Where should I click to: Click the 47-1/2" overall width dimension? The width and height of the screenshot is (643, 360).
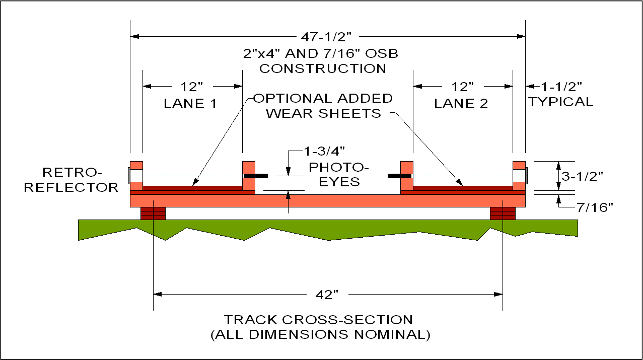(x=326, y=37)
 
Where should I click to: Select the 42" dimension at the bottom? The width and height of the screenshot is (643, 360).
(x=327, y=295)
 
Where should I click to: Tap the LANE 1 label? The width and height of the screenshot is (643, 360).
(x=190, y=103)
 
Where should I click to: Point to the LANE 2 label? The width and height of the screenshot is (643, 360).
(x=461, y=103)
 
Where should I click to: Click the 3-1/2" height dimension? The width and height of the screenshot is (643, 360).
(x=582, y=176)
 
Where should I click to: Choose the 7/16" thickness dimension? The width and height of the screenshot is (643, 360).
(x=595, y=207)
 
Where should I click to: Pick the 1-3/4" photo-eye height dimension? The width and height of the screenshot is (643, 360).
(x=324, y=151)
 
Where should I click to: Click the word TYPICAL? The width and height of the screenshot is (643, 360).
(x=560, y=102)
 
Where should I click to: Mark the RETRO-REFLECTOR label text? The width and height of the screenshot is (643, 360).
(x=71, y=180)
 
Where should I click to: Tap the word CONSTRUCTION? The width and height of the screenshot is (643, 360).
(x=323, y=68)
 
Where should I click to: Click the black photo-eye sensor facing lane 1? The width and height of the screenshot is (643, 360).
(x=256, y=176)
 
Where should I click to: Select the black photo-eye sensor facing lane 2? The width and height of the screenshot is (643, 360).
(x=400, y=176)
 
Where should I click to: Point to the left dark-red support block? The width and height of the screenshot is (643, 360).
(x=153, y=213)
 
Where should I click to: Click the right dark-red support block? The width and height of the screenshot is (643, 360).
(x=503, y=213)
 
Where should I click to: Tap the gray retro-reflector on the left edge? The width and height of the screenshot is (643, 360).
(x=129, y=176)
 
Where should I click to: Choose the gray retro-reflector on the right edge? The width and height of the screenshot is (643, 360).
(x=527, y=176)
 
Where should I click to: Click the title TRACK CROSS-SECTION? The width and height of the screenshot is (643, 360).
(x=318, y=320)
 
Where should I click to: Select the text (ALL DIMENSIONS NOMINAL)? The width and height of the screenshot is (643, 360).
(x=320, y=335)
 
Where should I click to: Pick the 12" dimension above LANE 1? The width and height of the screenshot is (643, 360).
(x=191, y=87)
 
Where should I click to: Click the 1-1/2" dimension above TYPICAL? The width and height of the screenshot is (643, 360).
(x=561, y=87)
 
